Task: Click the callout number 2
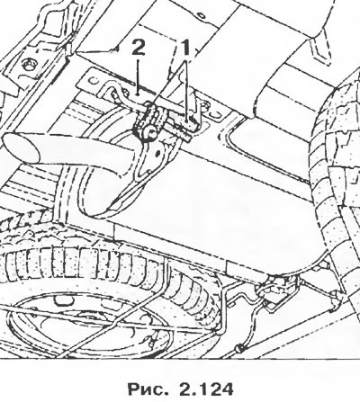pos(138,48)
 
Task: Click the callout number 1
pos(186,48)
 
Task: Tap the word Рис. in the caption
pos(148,389)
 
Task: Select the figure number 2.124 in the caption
pos(206,389)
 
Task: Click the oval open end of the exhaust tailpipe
pos(21,148)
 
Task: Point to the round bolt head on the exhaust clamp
pos(149,131)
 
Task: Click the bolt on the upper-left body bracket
pos(29,65)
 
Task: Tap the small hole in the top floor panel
pos(202,14)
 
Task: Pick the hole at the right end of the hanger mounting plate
pos(216,115)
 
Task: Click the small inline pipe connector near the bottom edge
pos(240,348)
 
